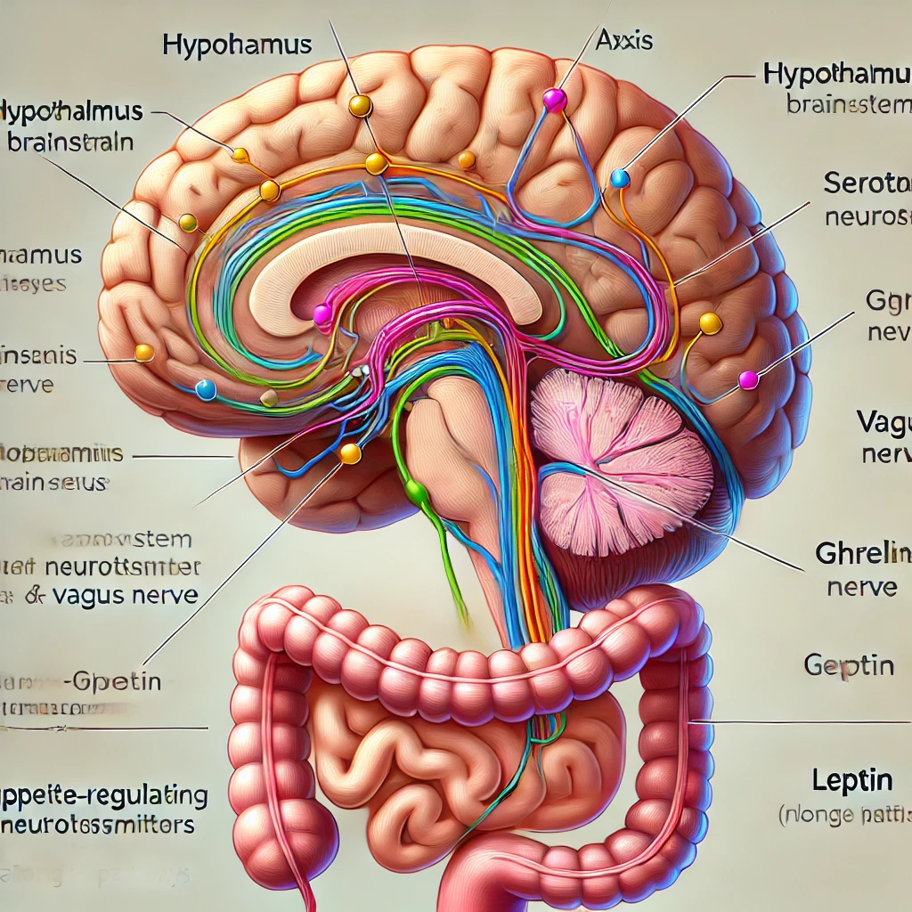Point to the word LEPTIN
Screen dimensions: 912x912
pyautogui.click(x=852, y=780)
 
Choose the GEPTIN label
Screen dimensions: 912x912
pyautogui.click(x=849, y=664)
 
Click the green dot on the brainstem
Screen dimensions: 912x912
pyautogui.click(x=414, y=491)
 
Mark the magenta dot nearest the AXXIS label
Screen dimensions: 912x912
pyautogui.click(x=554, y=98)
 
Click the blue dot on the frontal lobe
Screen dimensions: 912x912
pyautogui.click(x=205, y=388)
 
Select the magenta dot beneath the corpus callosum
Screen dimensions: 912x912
pyautogui.click(x=322, y=313)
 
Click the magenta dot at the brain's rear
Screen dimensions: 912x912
pyautogui.click(x=748, y=380)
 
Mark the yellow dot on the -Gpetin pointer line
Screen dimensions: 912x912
pyautogui.click(x=350, y=453)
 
